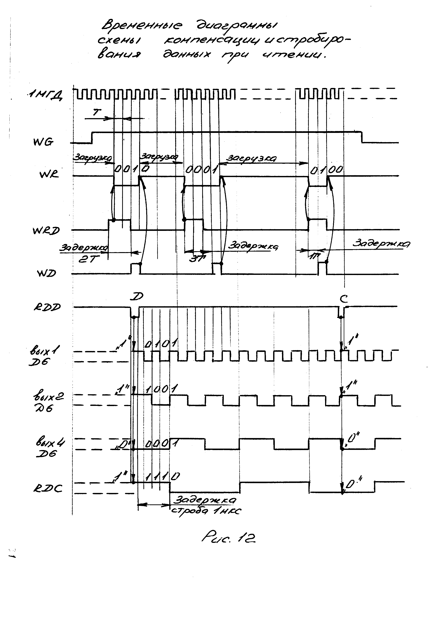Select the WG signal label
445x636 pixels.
(x=43, y=142)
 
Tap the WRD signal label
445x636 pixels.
(x=46, y=230)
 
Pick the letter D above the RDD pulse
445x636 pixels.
(x=137, y=297)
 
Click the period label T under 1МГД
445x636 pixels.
(x=97, y=112)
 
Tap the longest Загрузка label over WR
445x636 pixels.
(x=252, y=158)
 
